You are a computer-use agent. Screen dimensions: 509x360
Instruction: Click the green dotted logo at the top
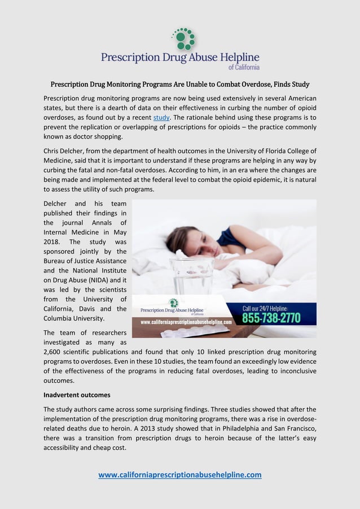(x=184, y=38)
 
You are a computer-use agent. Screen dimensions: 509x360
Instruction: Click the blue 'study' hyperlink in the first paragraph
(x=161, y=117)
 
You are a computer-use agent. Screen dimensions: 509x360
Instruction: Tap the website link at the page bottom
(x=180, y=475)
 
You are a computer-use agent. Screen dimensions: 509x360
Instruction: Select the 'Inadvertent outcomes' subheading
(x=77, y=394)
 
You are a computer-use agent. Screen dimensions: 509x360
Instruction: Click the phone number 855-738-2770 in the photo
(x=272, y=318)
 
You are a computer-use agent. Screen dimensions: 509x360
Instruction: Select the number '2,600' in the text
(x=55, y=352)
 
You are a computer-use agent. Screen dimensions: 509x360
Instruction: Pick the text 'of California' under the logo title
(x=244, y=67)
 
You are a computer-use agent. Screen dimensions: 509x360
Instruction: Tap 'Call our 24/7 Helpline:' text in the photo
(x=265, y=308)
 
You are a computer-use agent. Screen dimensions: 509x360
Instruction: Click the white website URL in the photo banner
(x=186, y=322)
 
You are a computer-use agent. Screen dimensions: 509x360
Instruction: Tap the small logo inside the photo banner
(x=174, y=303)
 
